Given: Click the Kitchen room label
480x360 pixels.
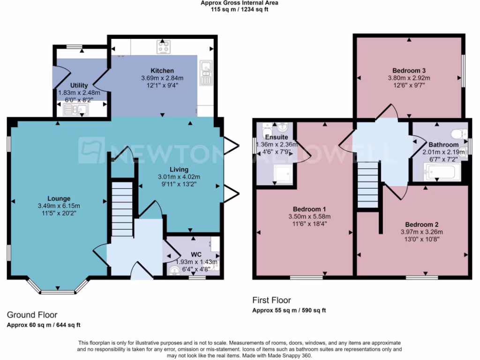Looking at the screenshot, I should coord(162,71).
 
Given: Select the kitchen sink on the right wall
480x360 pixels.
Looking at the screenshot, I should coord(205,73).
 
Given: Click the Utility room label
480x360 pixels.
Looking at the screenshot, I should coord(79,85).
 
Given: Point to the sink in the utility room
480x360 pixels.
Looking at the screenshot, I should coord(75,111).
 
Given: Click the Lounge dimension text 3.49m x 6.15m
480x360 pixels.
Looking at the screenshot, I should coord(59,206).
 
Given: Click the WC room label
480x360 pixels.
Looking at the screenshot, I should coord(196,241).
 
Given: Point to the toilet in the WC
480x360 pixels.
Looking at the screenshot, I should coord(175,270).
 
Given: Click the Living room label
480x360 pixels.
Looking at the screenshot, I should coord(179,169).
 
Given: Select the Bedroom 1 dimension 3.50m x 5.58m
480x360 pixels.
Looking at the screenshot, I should coord(309,217).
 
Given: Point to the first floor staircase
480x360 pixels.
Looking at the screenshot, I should coord(367,185).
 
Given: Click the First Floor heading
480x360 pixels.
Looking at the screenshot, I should coord(271,300).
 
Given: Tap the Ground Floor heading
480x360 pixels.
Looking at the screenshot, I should coord(32,315).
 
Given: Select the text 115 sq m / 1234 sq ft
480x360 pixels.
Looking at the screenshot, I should coord(239,9).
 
